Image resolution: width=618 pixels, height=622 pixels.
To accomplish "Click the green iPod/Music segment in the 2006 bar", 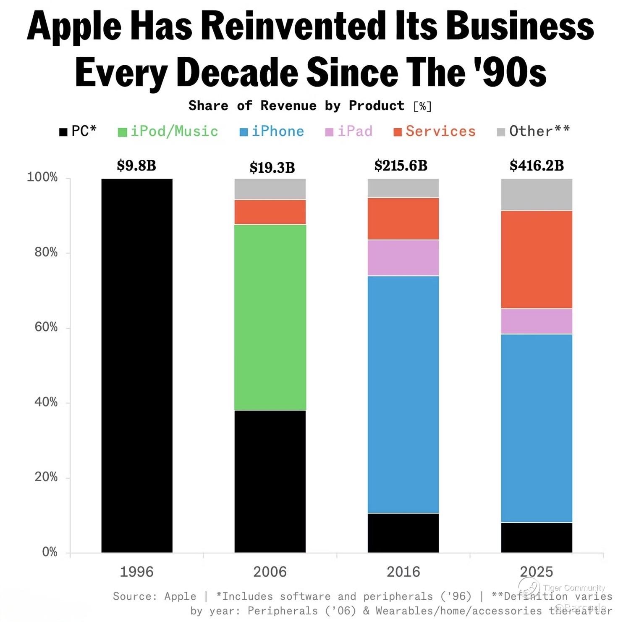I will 270,317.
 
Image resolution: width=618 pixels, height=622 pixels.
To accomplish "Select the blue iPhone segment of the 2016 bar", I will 403,394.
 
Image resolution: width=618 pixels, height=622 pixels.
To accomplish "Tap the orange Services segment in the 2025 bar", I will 537,259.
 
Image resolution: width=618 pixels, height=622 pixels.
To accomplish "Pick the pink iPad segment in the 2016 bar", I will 403,258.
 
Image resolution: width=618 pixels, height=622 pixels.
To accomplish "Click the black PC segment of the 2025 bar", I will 537,538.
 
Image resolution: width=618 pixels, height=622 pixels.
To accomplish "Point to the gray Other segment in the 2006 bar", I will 270,189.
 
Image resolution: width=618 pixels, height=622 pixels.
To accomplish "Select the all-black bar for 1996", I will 137,366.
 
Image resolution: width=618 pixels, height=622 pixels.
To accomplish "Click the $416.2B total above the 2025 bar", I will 537,166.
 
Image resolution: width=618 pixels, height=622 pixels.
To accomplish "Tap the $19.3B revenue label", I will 272,168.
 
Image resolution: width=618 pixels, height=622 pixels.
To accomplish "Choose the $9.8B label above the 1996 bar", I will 136,166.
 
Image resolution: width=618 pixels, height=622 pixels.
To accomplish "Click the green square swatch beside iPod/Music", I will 122,132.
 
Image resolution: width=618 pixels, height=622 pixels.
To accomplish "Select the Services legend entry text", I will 440,132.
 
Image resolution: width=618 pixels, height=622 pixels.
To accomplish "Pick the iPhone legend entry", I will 278,132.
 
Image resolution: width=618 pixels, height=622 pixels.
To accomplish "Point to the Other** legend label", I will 539,132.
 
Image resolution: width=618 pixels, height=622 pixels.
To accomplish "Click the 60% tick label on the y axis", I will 46,327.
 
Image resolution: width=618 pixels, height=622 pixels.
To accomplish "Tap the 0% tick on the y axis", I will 50,552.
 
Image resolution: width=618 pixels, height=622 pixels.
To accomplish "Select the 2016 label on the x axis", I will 403,572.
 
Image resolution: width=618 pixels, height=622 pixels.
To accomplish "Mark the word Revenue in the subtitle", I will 288,105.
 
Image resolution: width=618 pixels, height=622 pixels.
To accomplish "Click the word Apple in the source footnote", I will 180,596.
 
